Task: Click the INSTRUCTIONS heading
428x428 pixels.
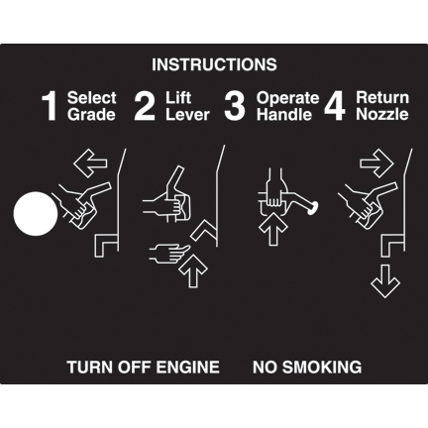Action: click(x=214, y=64)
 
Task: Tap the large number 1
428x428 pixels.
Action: click(x=50, y=107)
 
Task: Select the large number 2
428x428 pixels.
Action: click(x=145, y=106)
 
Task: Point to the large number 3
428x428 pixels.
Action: click(x=235, y=106)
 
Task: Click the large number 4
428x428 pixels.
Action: click(x=335, y=107)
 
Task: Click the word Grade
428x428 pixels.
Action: click(x=91, y=115)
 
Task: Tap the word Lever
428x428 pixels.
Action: click(x=187, y=115)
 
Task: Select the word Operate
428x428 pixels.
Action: click(x=288, y=98)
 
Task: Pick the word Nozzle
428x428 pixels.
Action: click(x=382, y=114)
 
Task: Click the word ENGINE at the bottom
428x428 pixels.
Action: click(x=187, y=367)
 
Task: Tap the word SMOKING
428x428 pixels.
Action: click(x=322, y=367)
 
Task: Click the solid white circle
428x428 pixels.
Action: click(x=36, y=214)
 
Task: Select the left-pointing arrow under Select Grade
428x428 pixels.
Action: click(x=90, y=163)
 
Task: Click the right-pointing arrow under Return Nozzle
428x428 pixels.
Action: click(x=376, y=163)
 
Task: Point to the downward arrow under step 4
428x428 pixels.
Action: click(x=385, y=281)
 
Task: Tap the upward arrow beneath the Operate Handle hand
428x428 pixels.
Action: click(x=272, y=229)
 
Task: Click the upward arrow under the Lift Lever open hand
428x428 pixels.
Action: click(x=193, y=270)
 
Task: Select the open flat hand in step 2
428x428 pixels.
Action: click(x=169, y=253)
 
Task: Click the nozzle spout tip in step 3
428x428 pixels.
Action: click(x=313, y=208)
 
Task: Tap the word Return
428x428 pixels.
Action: click(x=382, y=98)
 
